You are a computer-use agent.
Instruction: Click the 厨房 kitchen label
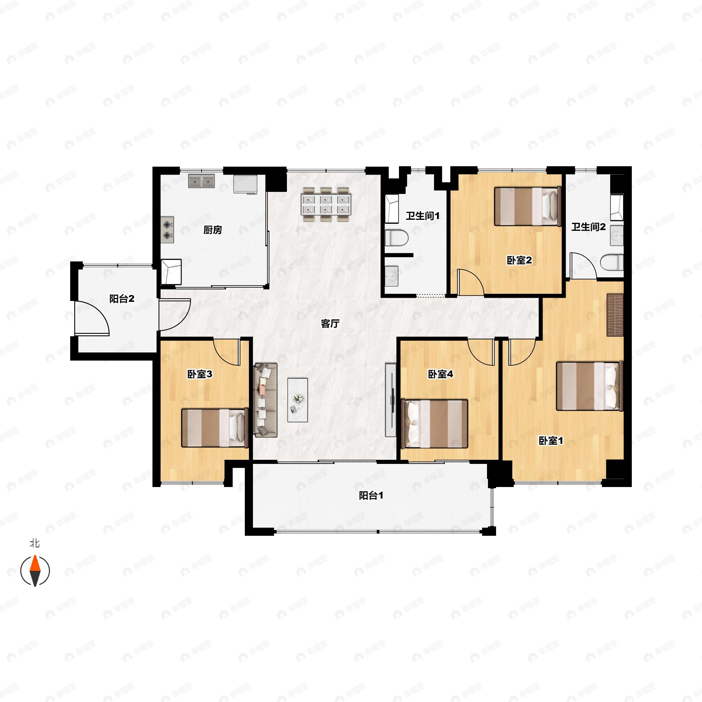point(213,230)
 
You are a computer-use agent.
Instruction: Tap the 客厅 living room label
point(330,324)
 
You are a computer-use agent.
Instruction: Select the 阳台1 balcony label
point(371,495)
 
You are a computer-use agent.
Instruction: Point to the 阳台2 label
point(122,299)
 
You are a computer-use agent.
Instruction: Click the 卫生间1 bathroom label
point(423,216)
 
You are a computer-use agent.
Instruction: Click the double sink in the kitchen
point(201,181)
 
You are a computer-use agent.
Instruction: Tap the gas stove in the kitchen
point(168,230)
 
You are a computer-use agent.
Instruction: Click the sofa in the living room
point(265,400)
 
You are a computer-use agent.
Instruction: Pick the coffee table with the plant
point(297,400)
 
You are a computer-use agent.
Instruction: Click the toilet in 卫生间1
point(396,238)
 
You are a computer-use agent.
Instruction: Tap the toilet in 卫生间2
point(612,262)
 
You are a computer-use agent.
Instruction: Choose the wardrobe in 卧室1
point(615,315)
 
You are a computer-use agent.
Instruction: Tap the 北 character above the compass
point(35,543)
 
